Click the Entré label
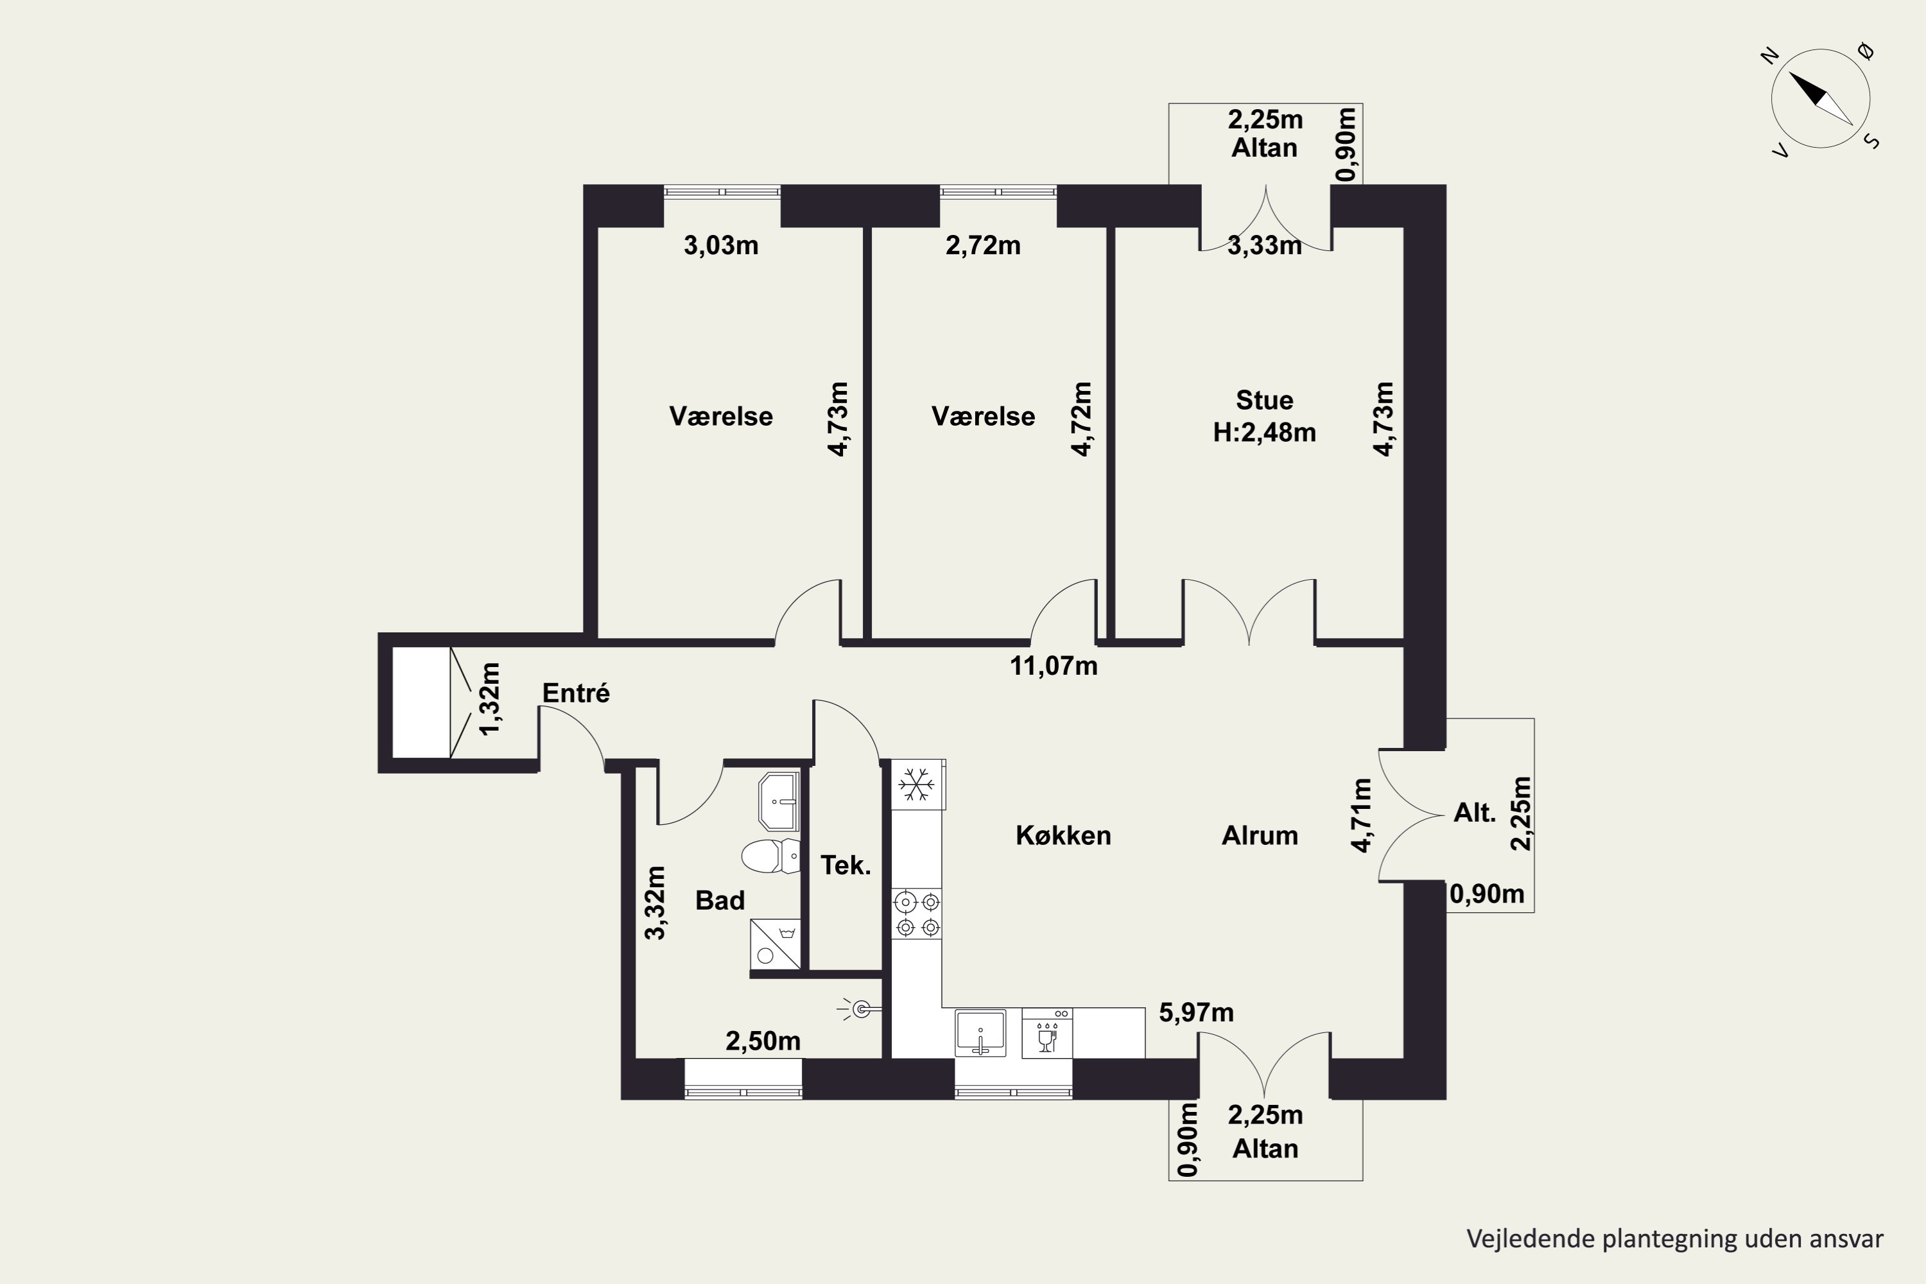[x=576, y=693]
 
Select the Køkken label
[x=1063, y=835]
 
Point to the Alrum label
[x=1260, y=835]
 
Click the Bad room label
[x=720, y=900]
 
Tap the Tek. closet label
[x=845, y=865]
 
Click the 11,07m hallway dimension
[x=1053, y=666]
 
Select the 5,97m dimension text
[x=1195, y=1013]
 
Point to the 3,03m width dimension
[x=720, y=245]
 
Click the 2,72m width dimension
[x=983, y=245]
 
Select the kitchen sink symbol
[x=980, y=1032]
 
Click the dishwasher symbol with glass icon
[x=1047, y=1032]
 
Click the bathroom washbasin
[x=779, y=801]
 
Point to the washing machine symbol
[x=776, y=944]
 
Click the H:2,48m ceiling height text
[x=1264, y=432]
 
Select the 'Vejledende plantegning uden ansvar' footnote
[x=1674, y=1239]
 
